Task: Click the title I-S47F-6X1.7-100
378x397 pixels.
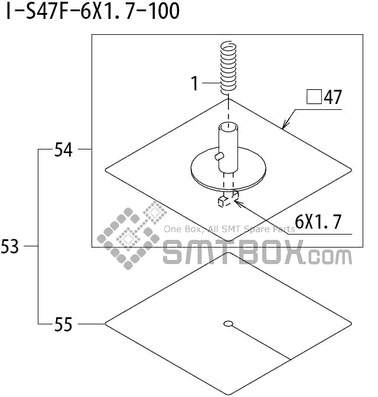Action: click(93, 11)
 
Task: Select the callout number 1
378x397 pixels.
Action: click(195, 84)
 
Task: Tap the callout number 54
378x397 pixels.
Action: click(63, 150)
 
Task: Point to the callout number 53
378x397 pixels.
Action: click(10, 247)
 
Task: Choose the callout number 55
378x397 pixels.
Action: click(63, 324)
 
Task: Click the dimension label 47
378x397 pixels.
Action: click(333, 97)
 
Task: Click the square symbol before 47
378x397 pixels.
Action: click(314, 96)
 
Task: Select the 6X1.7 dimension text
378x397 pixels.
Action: click(318, 222)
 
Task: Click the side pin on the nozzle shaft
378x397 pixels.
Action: click(219, 156)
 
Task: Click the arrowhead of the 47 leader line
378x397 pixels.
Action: click(285, 126)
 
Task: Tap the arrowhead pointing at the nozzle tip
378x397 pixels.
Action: click(237, 203)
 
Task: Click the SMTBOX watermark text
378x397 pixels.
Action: click(257, 253)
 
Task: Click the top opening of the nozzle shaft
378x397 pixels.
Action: click(227, 126)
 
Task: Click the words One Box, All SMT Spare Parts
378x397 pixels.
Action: click(229, 229)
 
